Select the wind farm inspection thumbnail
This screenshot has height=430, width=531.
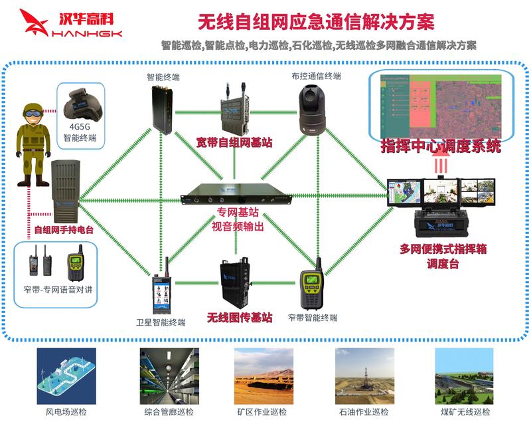point(66,376)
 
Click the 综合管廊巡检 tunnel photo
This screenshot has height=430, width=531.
point(169,376)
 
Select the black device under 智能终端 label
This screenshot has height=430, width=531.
point(162,108)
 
